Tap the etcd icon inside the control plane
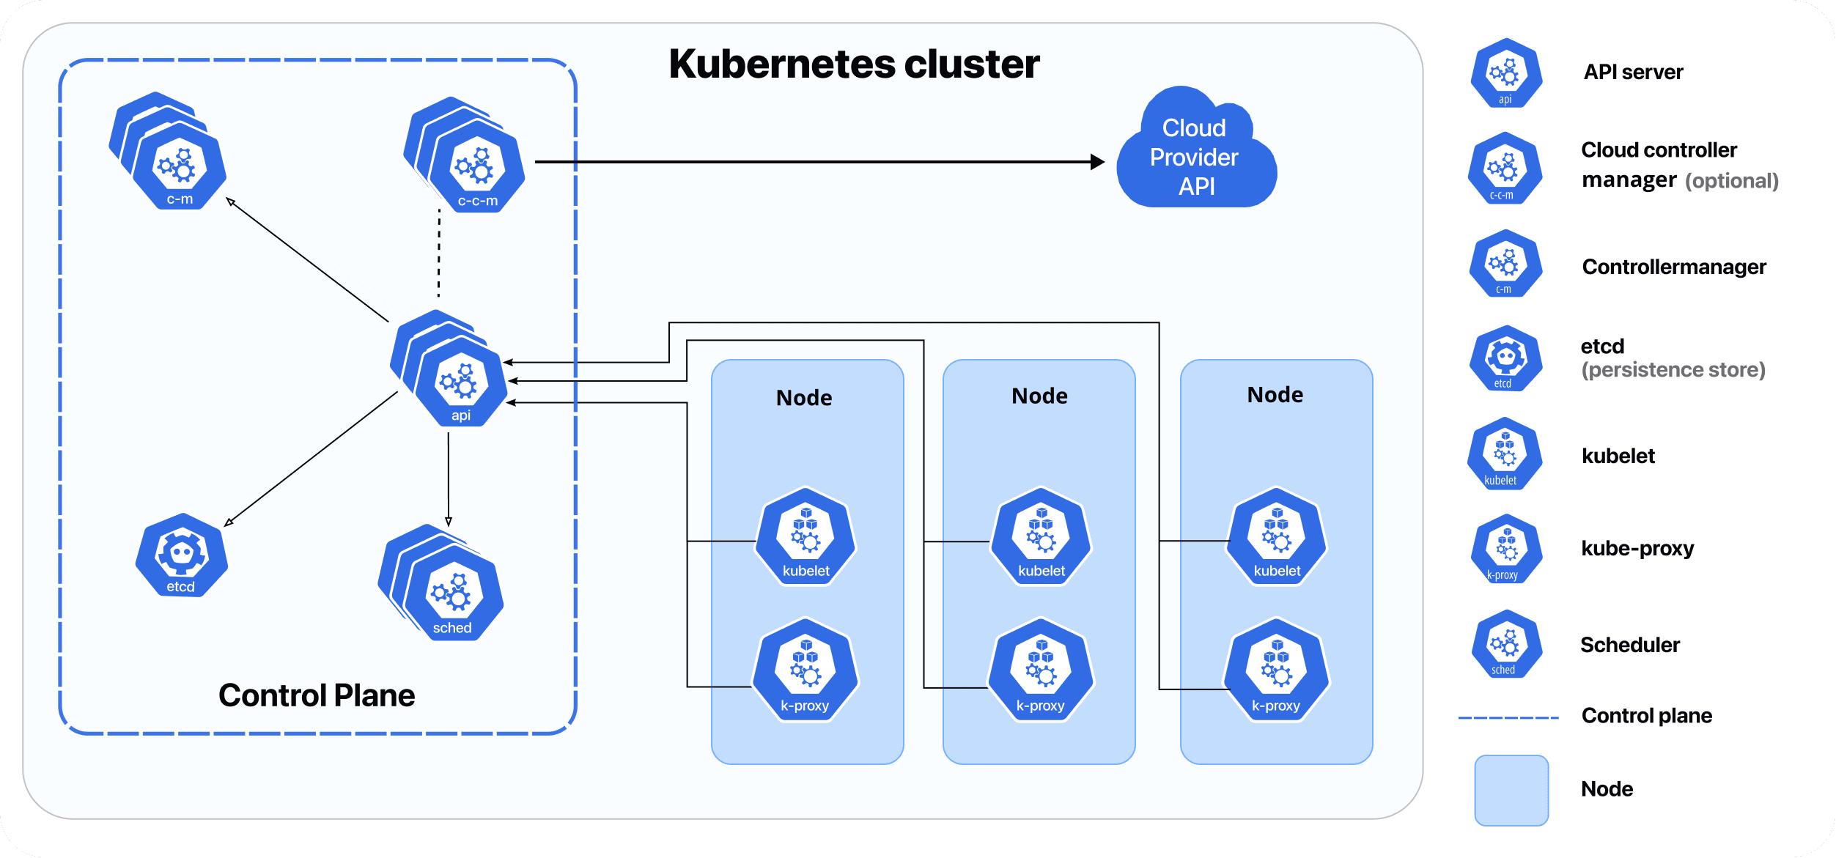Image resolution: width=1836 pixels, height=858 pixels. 182,556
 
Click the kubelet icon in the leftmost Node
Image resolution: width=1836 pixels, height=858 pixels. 805,539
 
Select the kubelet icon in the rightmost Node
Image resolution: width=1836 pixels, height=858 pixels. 1277,539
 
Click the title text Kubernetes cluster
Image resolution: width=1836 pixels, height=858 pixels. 854,64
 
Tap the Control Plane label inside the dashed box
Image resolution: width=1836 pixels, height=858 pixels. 317,695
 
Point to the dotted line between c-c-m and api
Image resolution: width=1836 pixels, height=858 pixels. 439,254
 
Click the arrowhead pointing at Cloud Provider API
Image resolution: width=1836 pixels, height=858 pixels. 1097,162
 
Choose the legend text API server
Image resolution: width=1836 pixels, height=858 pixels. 1633,73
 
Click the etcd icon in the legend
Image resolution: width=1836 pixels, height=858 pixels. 1505,359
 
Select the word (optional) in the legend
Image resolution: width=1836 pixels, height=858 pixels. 1731,181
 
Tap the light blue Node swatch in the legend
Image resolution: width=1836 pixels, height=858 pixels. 1511,790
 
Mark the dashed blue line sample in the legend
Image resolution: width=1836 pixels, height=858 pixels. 1508,718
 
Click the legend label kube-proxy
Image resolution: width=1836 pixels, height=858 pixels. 1637,549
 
